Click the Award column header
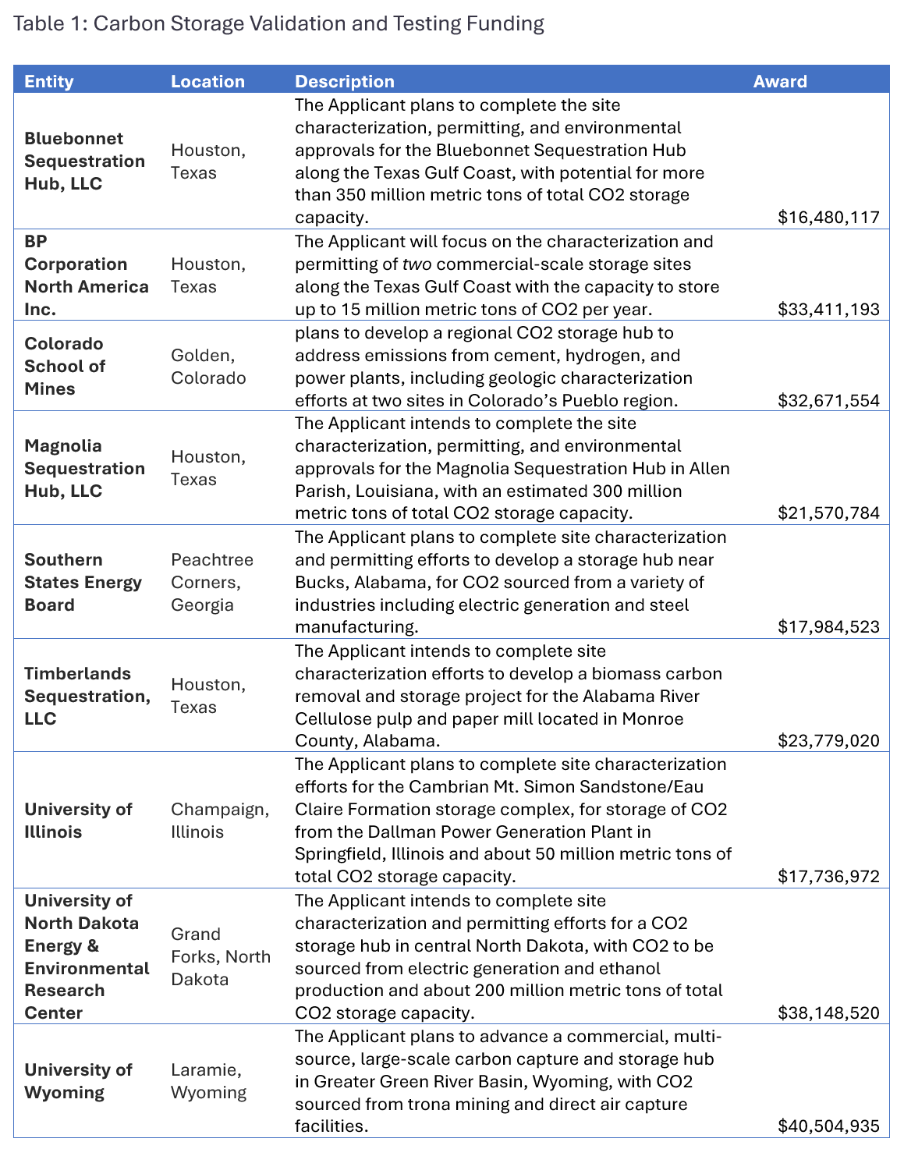pos(779,81)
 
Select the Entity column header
pos(48,81)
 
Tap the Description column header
pos(344,81)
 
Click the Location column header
pos(207,81)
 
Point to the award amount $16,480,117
pos(828,218)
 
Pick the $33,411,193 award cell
pos(828,309)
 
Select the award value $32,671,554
pos(828,401)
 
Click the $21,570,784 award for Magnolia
pos(828,513)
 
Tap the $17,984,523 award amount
pos(828,627)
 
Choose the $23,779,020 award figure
pos(828,741)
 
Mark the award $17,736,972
pos(828,877)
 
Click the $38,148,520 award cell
pos(828,1013)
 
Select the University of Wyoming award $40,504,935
pos(828,1126)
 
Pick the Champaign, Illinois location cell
pos(220,821)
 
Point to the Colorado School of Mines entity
pos(64,366)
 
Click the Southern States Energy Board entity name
pos(83,582)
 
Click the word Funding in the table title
pos(505,23)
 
